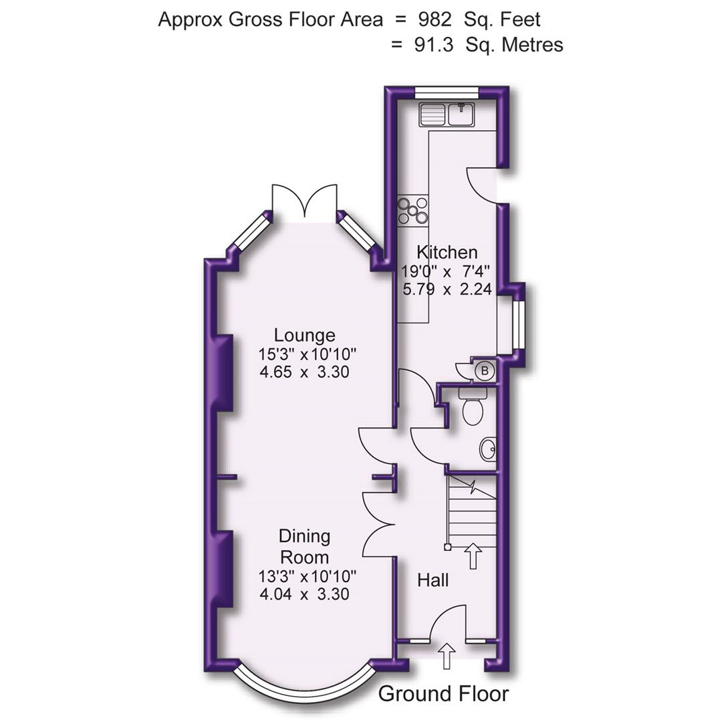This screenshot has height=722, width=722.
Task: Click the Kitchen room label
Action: coord(447,252)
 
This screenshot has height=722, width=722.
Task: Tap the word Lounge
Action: coord(304,335)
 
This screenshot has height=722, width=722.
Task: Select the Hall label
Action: coord(433,580)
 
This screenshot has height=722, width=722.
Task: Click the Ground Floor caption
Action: coord(443,694)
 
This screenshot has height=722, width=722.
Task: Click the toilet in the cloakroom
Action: coord(472,407)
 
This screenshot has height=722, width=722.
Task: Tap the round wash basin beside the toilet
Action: coord(488,450)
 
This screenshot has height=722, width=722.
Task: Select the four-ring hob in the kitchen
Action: coord(412,210)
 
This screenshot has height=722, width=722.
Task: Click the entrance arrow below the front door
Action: coord(447,655)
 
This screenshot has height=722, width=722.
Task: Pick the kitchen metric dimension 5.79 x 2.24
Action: coord(447,289)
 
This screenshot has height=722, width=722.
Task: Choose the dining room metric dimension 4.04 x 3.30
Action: coord(304,594)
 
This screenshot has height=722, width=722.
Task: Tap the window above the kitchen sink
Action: coord(447,93)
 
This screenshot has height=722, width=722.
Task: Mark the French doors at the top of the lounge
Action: coord(304,201)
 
